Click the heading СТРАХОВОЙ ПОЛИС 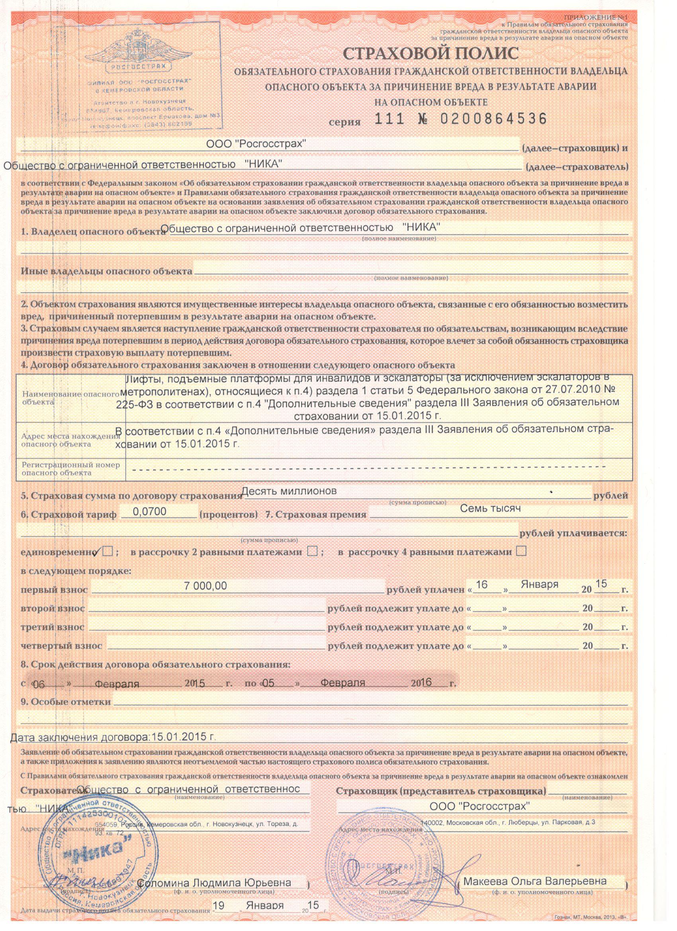point(430,54)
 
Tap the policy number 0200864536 point(493,119)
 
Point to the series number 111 point(390,119)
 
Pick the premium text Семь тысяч point(490,509)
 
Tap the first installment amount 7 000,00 point(205,586)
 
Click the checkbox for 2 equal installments point(313,552)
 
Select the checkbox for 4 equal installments point(521,551)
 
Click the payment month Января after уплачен point(540,585)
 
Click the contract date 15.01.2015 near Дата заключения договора point(183,737)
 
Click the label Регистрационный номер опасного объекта point(70,469)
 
